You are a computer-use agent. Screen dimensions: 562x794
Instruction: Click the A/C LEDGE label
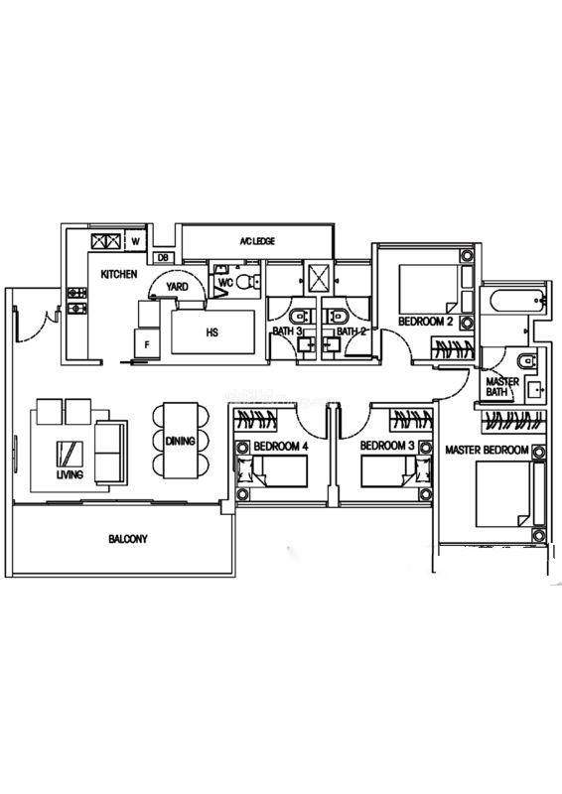coord(257,241)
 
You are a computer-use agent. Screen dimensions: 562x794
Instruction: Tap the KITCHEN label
coord(119,274)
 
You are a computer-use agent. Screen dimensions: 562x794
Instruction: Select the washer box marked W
coord(135,241)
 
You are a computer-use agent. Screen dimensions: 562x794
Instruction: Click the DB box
coord(163,258)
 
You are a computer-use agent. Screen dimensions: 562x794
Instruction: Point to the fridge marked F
coord(147,343)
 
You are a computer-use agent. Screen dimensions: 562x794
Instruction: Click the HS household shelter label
coord(212,332)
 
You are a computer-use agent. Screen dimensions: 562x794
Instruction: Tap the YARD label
coord(177,287)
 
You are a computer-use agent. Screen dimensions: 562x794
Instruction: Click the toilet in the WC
coord(248,281)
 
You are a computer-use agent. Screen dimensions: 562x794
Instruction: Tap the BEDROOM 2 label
coord(425,321)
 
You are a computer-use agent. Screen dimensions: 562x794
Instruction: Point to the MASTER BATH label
coord(502,387)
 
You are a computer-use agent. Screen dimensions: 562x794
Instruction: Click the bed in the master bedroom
coord(504,494)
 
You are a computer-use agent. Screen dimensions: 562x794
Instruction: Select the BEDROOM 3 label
coord(386,446)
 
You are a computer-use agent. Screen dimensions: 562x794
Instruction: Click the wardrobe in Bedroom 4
coord(255,419)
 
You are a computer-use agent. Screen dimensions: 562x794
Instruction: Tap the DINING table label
coord(180,441)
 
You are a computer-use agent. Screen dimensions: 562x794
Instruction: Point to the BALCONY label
coord(128,539)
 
